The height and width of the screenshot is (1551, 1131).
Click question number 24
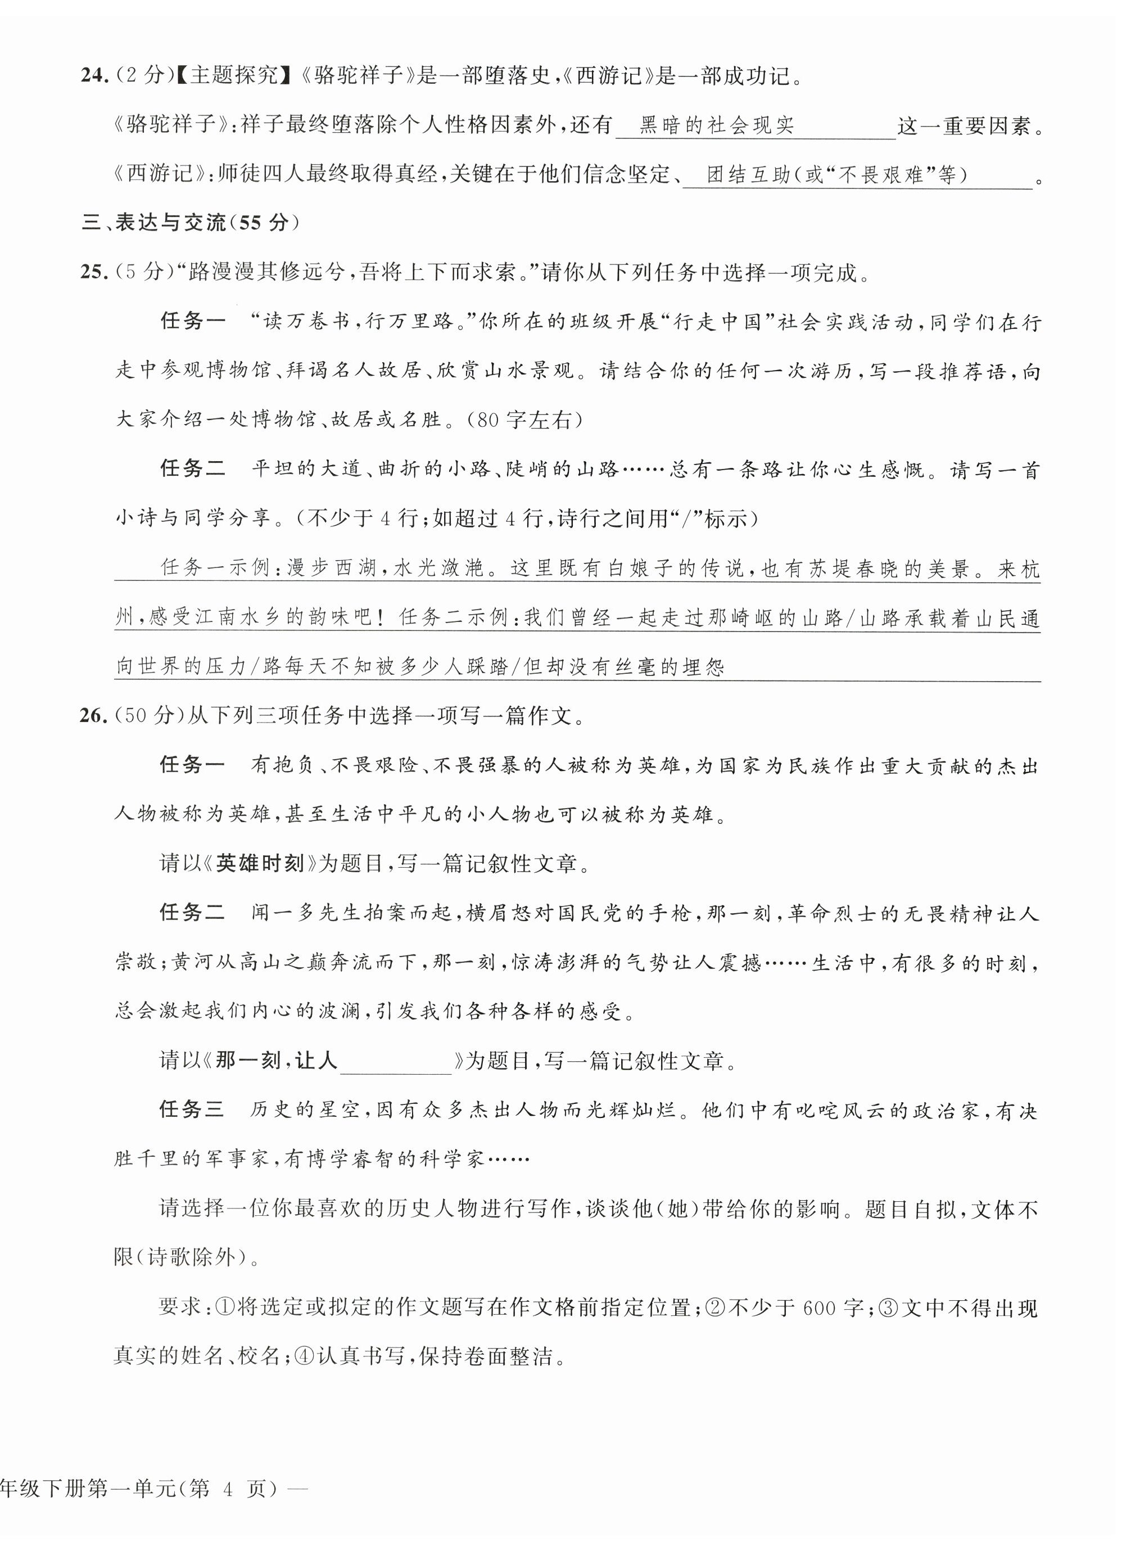(94, 75)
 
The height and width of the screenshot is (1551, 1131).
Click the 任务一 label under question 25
(192, 321)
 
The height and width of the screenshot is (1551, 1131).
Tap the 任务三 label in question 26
(192, 1110)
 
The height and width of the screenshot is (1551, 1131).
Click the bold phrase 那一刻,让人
(277, 1061)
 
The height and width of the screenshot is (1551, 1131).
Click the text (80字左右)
(524, 420)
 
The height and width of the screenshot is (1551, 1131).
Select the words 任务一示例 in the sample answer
(216, 569)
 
